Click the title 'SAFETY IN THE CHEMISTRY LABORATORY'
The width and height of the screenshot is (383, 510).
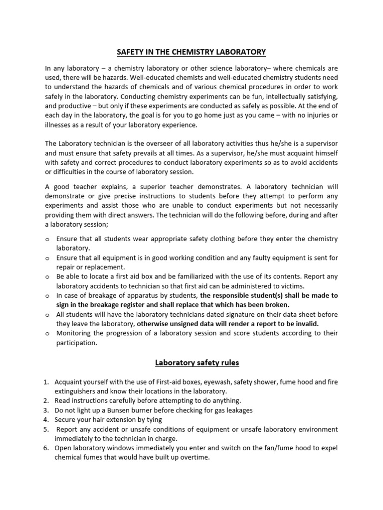pos(191,51)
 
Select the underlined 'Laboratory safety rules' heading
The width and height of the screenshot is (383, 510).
pos(197,363)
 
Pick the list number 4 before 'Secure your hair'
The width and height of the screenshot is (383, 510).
pos(45,420)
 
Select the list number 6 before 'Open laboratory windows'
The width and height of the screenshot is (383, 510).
pos(45,448)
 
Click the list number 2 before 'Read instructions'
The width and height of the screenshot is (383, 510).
pos(45,401)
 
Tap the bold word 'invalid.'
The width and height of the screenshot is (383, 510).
pos(304,324)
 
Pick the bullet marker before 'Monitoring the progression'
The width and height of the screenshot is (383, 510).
pos(47,334)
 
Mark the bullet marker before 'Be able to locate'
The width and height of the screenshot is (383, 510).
pos(47,276)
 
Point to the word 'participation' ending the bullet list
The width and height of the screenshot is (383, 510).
pos(76,343)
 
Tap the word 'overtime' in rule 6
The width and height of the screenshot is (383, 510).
pos(192,458)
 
